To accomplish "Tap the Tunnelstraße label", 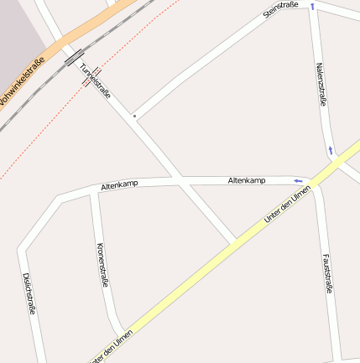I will coord(96,78).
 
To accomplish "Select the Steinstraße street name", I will coord(280,11).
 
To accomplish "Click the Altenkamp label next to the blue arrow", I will coord(248,180).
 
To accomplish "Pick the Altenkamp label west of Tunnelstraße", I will coord(119,184).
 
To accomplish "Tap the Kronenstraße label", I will coord(102,265).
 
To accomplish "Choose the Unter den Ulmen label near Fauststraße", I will coord(287,205).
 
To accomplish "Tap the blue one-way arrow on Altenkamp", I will coord(298,180).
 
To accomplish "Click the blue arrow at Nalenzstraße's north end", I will coord(312,7).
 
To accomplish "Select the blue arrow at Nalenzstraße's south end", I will coord(331,151).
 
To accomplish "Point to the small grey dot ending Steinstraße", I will coord(133,116).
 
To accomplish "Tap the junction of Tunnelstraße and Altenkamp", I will coord(176,179).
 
